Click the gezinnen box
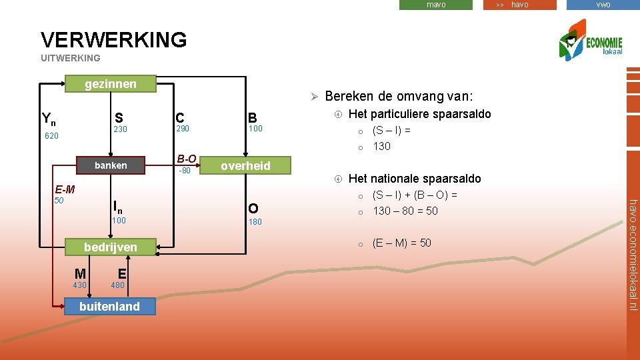111,83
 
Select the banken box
111,165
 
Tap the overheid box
245,166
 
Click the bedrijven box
111,247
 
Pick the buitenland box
109,307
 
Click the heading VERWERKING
114,39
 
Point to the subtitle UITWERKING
70,58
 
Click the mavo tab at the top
436,5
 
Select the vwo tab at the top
603,5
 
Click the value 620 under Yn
52,135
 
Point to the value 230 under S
121,129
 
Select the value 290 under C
182,128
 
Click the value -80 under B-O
184,171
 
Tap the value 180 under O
255,221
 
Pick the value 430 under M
80,285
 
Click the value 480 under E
118,285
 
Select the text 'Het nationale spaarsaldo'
415,178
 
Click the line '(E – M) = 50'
401,243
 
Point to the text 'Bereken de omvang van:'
399,96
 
